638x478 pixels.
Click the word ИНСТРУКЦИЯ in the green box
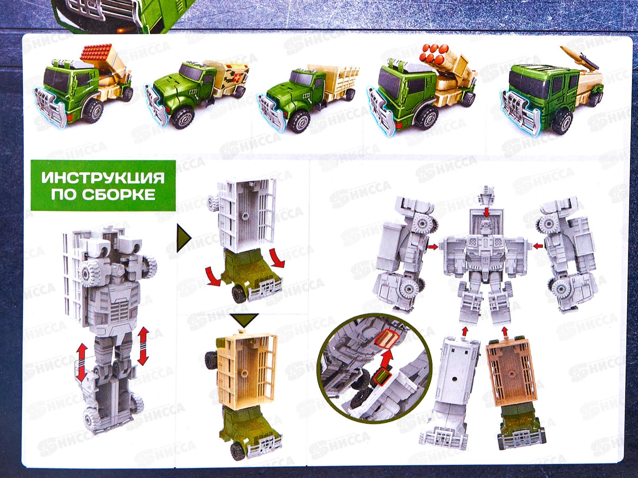point(103,177)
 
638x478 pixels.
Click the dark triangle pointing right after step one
point(183,239)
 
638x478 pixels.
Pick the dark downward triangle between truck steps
point(244,320)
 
